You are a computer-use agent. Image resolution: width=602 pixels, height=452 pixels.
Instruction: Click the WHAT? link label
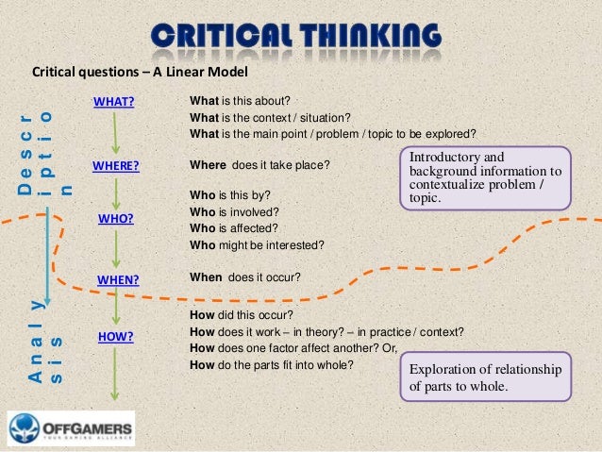click(x=113, y=102)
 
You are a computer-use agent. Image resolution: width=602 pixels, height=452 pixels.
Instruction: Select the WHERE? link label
click(x=116, y=167)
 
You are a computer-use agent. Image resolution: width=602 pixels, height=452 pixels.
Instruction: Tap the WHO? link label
click(x=115, y=219)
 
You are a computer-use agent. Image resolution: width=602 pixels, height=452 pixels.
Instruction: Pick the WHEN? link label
click(x=118, y=279)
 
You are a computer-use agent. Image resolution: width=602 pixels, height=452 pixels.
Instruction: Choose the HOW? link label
click(x=115, y=336)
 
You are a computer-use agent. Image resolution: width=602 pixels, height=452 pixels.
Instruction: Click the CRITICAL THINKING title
click(x=295, y=38)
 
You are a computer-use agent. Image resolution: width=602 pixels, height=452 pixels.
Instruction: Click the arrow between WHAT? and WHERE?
click(x=114, y=134)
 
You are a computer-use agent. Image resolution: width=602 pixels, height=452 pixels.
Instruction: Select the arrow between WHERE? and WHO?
click(x=114, y=193)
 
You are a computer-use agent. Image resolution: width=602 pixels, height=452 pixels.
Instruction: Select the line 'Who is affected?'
click(x=235, y=228)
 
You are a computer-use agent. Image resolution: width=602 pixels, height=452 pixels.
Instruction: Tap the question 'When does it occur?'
click(x=245, y=277)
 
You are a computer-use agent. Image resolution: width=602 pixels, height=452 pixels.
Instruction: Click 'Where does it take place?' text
click(x=259, y=165)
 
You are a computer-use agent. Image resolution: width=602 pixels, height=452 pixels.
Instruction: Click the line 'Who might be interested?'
click(x=257, y=244)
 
